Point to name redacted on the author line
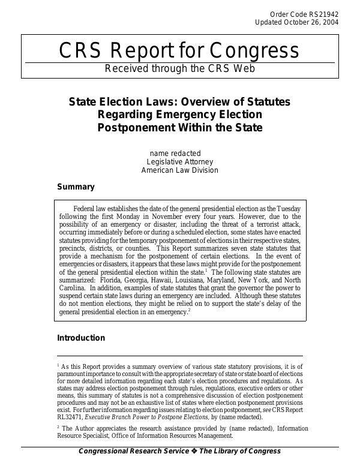click(x=175, y=153)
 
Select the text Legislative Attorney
click(x=179, y=162)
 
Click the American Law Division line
click(x=179, y=170)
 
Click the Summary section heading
click(x=76, y=187)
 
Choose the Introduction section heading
click(x=81, y=338)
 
